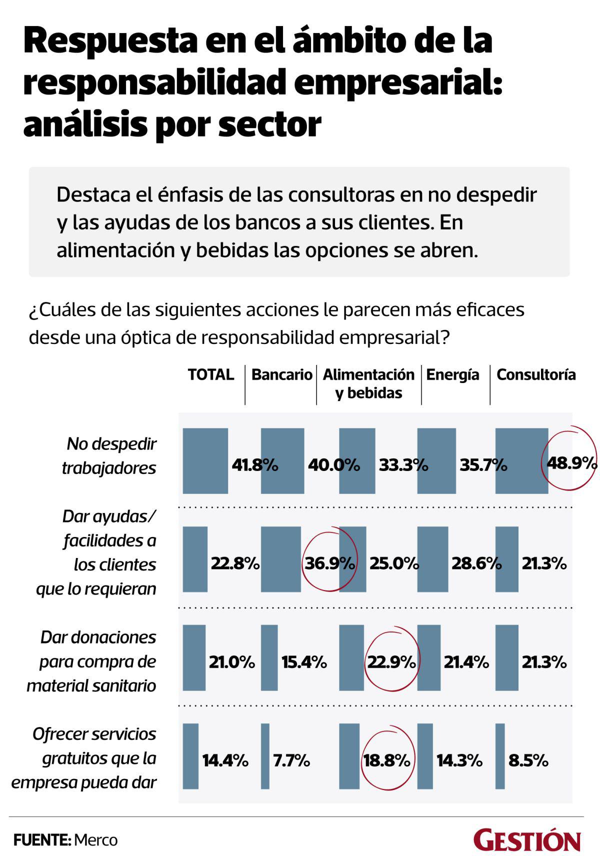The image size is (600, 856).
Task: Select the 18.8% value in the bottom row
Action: point(387,760)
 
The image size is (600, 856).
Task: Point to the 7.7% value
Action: point(291,760)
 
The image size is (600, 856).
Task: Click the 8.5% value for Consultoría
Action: point(528,760)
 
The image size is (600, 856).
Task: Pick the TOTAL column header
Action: point(210,374)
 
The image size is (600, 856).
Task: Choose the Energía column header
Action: point(452,374)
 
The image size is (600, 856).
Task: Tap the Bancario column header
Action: point(281,374)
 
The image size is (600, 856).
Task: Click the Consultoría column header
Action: point(536,374)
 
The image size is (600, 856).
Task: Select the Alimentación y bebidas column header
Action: point(369,383)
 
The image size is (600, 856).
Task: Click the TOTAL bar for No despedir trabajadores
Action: point(205,460)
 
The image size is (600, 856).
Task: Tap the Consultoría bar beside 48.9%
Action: point(521,460)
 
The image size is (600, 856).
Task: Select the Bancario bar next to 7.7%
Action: point(265,756)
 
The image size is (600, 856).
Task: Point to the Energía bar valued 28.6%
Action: point(432,559)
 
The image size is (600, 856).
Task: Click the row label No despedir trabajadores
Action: point(109,455)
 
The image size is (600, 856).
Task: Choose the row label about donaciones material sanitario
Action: point(92,661)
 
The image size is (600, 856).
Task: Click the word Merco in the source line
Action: point(96,840)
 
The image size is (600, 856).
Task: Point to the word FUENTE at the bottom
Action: point(41,840)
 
